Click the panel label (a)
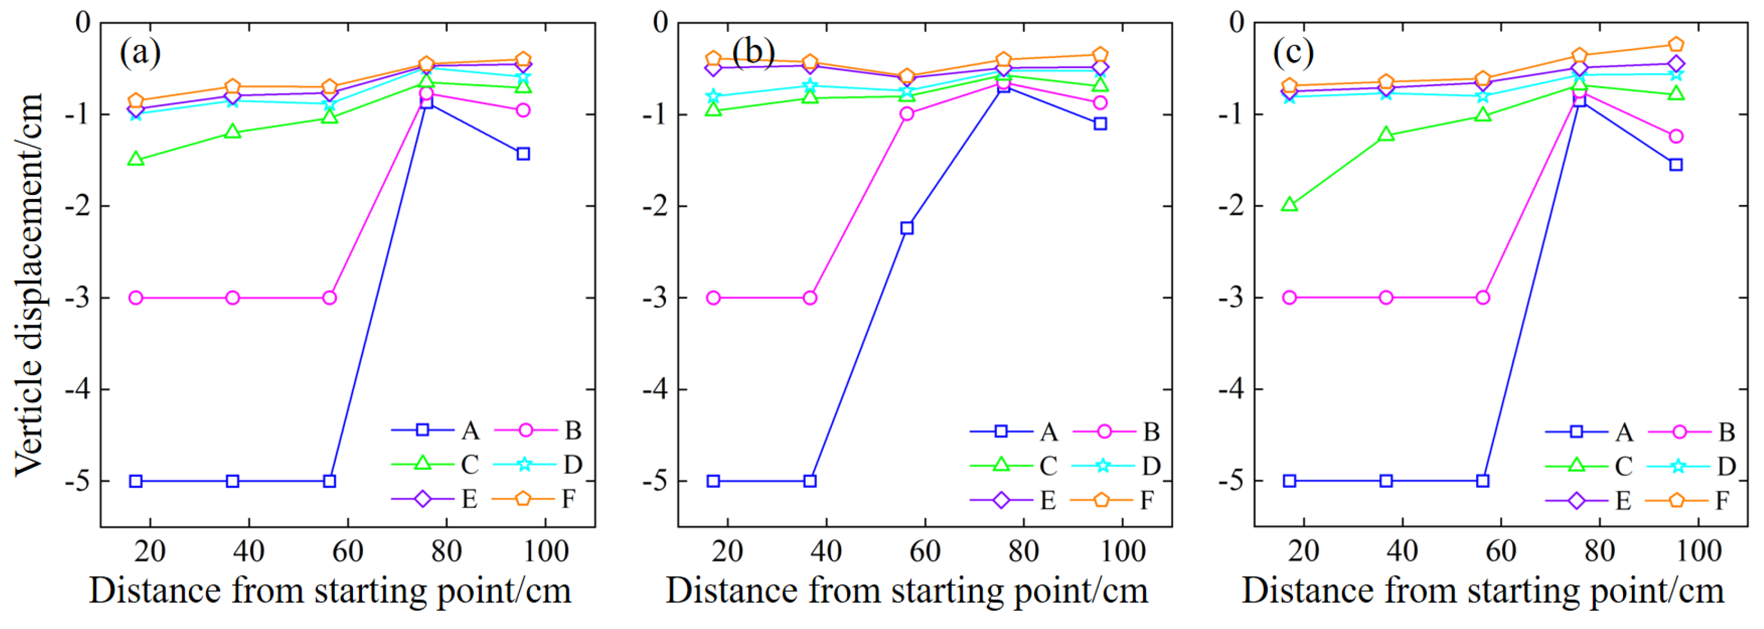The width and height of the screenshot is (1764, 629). (x=141, y=52)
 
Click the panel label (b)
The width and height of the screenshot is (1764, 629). (x=753, y=52)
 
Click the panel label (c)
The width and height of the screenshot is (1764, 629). (x=1293, y=52)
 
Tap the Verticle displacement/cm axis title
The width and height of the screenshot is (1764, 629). (x=29, y=284)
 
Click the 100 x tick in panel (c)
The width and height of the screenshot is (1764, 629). (x=1698, y=551)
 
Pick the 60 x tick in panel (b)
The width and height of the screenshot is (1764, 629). (x=925, y=551)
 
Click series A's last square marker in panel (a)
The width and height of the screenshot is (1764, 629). (x=523, y=153)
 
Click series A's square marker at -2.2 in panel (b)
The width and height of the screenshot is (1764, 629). (x=906, y=227)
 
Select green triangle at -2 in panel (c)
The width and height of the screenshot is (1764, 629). (x=1289, y=204)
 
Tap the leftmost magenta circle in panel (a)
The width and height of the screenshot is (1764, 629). (x=136, y=297)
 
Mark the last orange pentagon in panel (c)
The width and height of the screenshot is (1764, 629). (x=1676, y=45)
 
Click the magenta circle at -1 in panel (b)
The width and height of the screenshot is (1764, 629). (x=906, y=114)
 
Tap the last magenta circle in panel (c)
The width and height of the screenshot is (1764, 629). (x=1676, y=136)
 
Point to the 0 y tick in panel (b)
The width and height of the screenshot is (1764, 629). (x=660, y=22)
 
